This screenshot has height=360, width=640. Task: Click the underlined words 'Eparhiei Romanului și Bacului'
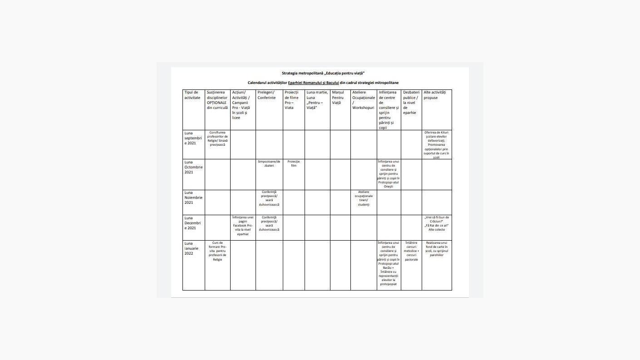pos(313,83)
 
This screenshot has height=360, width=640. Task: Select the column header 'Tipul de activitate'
pos(192,95)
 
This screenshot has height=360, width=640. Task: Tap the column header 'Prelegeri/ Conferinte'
pos(266,95)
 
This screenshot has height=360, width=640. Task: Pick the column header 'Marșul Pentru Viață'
pos(338,98)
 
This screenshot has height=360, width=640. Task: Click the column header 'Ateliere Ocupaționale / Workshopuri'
pos(363,100)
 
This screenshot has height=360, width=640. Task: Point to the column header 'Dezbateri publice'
pos(410,103)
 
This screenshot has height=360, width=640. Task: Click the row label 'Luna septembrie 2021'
pos(193,138)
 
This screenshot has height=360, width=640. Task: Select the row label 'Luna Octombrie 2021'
pos(193,167)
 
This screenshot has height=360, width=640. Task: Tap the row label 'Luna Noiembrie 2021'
pos(193,197)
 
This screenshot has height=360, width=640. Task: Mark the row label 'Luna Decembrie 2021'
pos(193,223)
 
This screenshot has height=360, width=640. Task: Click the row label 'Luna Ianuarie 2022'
pos(192,248)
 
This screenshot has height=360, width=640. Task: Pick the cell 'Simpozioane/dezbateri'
pos(269,163)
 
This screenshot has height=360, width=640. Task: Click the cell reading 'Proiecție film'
pos(294,163)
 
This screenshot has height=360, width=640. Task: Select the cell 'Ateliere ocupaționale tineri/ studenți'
pos(364,198)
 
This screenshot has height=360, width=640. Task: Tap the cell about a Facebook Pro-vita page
pos(243,226)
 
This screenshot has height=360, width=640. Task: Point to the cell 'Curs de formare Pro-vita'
pos(217,251)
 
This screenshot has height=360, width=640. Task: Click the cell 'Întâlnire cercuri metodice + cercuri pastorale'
pos(411,251)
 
